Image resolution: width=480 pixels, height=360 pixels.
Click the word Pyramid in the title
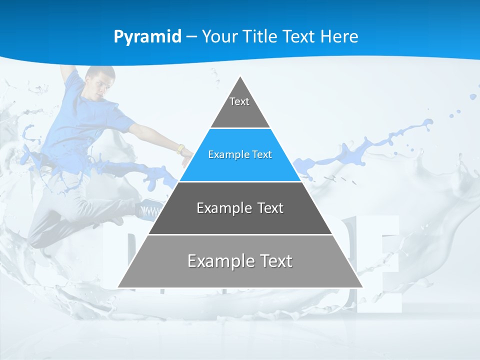click(x=147, y=37)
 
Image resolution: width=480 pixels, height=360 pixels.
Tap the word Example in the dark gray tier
click(x=218, y=208)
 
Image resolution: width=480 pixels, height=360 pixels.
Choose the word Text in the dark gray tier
click(x=270, y=208)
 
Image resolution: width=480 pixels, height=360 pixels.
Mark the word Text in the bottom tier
click(x=275, y=261)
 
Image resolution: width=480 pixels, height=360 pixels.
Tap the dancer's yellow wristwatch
click(x=180, y=148)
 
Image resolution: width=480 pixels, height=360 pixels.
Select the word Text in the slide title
click(x=299, y=37)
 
